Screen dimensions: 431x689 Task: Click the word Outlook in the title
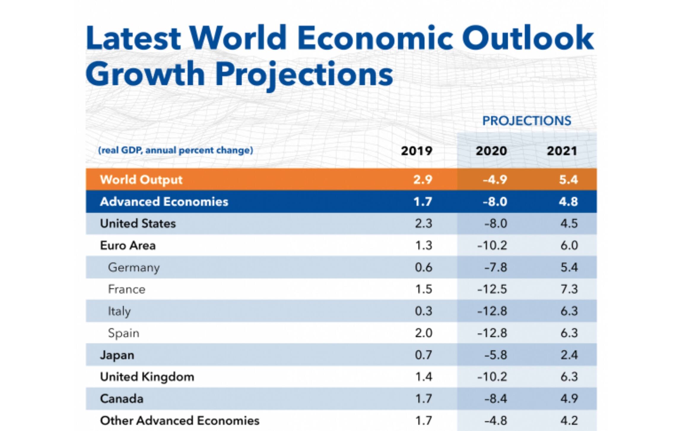click(x=528, y=38)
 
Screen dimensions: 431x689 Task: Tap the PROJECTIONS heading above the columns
click(x=526, y=121)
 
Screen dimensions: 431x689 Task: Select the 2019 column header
click(x=416, y=151)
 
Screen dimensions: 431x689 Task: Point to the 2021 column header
click(x=562, y=151)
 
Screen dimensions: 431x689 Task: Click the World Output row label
click(x=141, y=180)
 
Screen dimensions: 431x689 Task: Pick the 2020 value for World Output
click(x=495, y=180)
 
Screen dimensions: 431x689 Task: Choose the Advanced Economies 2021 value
click(x=568, y=202)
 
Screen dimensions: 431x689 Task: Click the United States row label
click(x=138, y=224)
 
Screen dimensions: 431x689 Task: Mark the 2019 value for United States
click(x=423, y=224)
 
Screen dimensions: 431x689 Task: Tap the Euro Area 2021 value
click(x=569, y=246)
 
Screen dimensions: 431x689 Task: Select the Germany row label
click(x=134, y=268)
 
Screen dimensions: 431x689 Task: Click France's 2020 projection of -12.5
click(x=492, y=289)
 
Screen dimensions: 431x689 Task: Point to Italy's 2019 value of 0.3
click(x=423, y=311)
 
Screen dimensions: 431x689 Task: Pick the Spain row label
click(x=123, y=333)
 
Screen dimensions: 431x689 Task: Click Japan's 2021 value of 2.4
click(x=569, y=355)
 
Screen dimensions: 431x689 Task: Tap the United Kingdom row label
click(x=147, y=377)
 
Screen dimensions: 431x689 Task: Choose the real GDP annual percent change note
click(x=176, y=150)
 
